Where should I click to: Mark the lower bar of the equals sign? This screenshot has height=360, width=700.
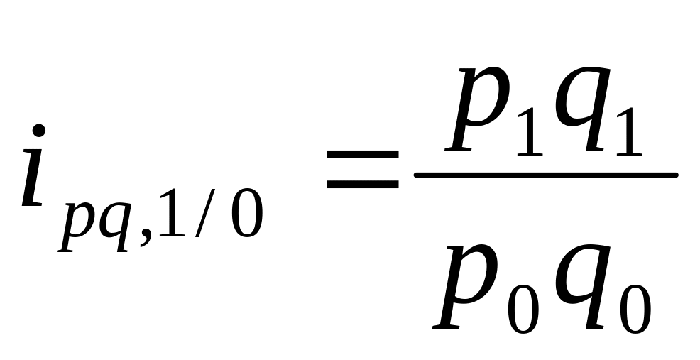pyautogui.click(x=362, y=183)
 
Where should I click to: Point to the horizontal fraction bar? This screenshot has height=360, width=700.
pyautogui.click(x=545, y=174)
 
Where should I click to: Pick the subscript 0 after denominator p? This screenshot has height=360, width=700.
pyautogui.click(x=523, y=310)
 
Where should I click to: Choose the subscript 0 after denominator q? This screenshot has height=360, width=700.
pyautogui.click(x=634, y=310)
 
